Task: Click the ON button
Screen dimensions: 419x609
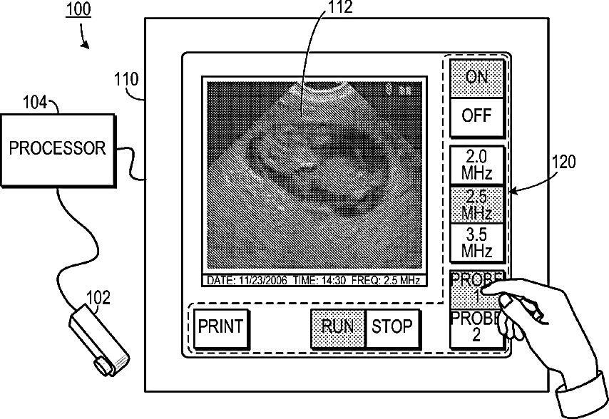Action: [x=476, y=77]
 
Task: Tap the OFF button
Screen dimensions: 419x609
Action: [x=476, y=116]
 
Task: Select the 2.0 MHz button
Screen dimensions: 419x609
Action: [x=476, y=165]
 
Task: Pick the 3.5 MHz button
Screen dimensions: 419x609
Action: [x=476, y=243]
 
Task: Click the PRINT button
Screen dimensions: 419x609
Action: [x=220, y=327]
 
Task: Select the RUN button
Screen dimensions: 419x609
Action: [x=338, y=327]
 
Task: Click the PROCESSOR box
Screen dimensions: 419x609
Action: [x=57, y=148]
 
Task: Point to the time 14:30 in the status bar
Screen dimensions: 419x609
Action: [x=332, y=281]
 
